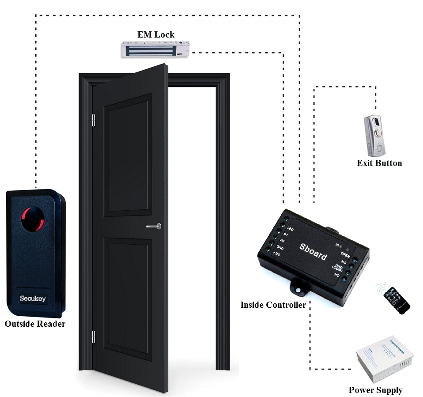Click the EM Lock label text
pos(156,34)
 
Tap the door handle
pos(154,227)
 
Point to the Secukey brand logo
pos(33,298)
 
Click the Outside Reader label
pos(35,324)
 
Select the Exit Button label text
pos(379,163)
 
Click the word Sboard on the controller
pos(313,251)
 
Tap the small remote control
pos(396,300)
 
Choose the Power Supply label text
pos(375,390)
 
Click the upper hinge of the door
pos(93,120)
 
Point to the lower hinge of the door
pos(93,336)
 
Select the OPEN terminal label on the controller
pos(345,255)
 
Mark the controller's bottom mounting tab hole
pos(298,290)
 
